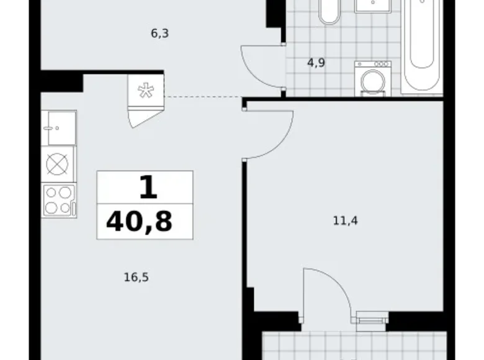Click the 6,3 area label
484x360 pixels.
coord(160,34)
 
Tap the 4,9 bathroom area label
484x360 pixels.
coord(317,62)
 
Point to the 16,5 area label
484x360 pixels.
coord(136,277)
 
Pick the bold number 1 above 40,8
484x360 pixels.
coord(147,187)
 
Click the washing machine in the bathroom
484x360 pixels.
coord(372,79)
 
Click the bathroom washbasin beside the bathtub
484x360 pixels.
coord(372,6)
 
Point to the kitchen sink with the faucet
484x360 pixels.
coord(59,127)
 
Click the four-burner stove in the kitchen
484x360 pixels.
coord(58,200)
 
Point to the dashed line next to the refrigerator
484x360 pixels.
coord(202,97)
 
